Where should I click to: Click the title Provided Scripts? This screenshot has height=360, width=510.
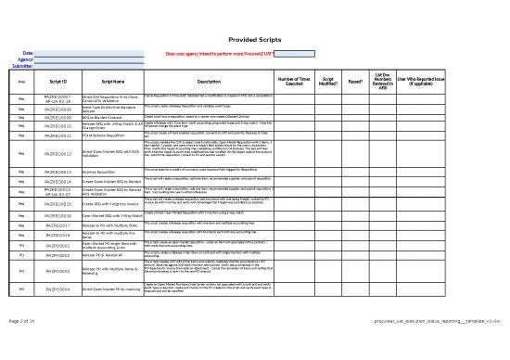pos(255,39)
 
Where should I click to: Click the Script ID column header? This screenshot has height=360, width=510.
pos(58,83)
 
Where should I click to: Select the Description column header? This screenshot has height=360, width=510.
pos(209,83)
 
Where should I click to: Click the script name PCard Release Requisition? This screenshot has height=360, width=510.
pos(111,135)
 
